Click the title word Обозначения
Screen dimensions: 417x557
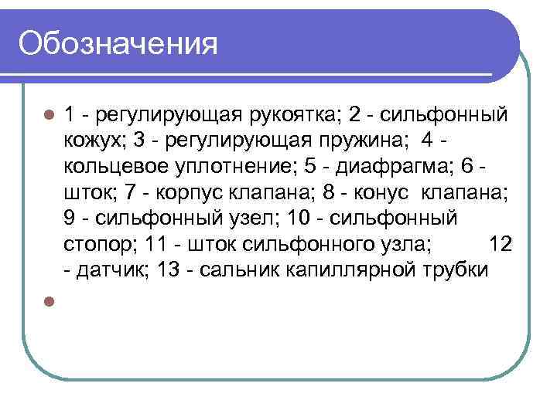118,42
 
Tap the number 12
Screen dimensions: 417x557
501,244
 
